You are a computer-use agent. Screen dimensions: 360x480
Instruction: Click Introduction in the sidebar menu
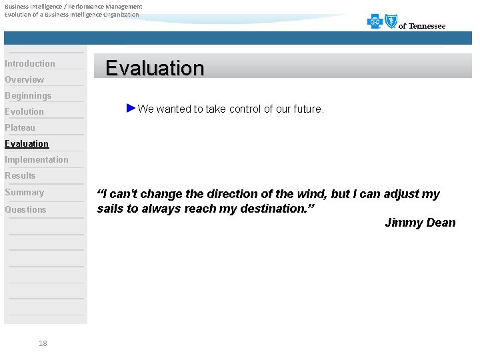click(30, 64)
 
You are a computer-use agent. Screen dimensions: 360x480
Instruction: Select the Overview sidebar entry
click(25, 80)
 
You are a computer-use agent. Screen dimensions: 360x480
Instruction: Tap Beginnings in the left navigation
click(28, 96)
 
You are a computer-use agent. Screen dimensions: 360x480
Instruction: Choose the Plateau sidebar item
click(20, 128)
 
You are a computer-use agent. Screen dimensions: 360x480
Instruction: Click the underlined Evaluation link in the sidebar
click(27, 144)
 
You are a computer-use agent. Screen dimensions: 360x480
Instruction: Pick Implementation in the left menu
click(37, 160)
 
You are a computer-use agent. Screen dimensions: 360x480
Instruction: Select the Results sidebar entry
click(20, 176)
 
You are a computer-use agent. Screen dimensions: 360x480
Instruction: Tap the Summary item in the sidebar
click(25, 193)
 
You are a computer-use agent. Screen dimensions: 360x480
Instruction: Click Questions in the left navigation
click(26, 210)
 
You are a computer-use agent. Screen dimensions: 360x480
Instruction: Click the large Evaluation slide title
click(155, 68)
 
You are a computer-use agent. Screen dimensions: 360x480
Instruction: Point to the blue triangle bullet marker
click(131, 108)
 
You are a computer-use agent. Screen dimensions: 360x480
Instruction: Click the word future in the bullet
click(307, 109)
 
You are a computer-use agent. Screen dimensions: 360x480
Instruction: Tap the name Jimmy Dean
click(420, 223)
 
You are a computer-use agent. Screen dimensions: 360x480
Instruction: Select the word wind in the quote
click(310, 194)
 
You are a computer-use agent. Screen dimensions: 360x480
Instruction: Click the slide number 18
click(43, 343)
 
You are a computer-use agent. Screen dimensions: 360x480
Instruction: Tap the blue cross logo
click(375, 22)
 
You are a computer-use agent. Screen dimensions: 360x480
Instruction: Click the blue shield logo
click(391, 21)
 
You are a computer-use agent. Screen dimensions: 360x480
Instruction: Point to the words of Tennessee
click(422, 26)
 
